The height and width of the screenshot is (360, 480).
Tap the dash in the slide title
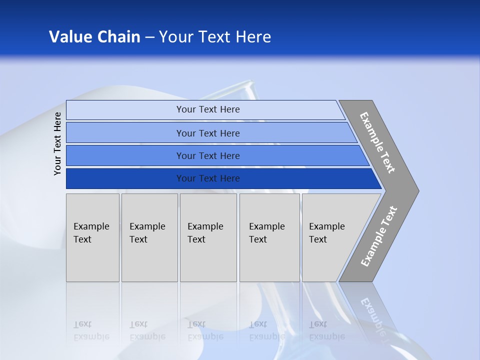[x=149, y=37]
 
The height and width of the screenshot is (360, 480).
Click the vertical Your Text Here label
[x=57, y=143]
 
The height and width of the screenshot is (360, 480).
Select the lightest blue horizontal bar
[x=125, y=109]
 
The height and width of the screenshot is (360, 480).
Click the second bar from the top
[x=125, y=133]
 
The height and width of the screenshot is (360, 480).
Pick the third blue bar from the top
[x=125, y=155]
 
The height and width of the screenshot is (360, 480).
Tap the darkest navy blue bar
[x=125, y=178]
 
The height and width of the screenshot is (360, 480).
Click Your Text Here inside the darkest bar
[x=208, y=178]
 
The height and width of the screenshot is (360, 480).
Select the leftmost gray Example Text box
[x=92, y=237]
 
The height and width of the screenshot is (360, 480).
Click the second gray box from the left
[x=149, y=237]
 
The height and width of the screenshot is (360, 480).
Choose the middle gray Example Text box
[x=208, y=237]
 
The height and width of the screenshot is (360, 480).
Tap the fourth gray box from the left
[x=269, y=237]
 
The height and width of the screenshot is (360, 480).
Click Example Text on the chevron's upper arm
[x=377, y=142]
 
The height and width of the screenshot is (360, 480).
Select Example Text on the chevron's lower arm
[x=379, y=236]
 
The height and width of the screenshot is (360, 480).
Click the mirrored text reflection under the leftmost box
[x=91, y=330]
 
